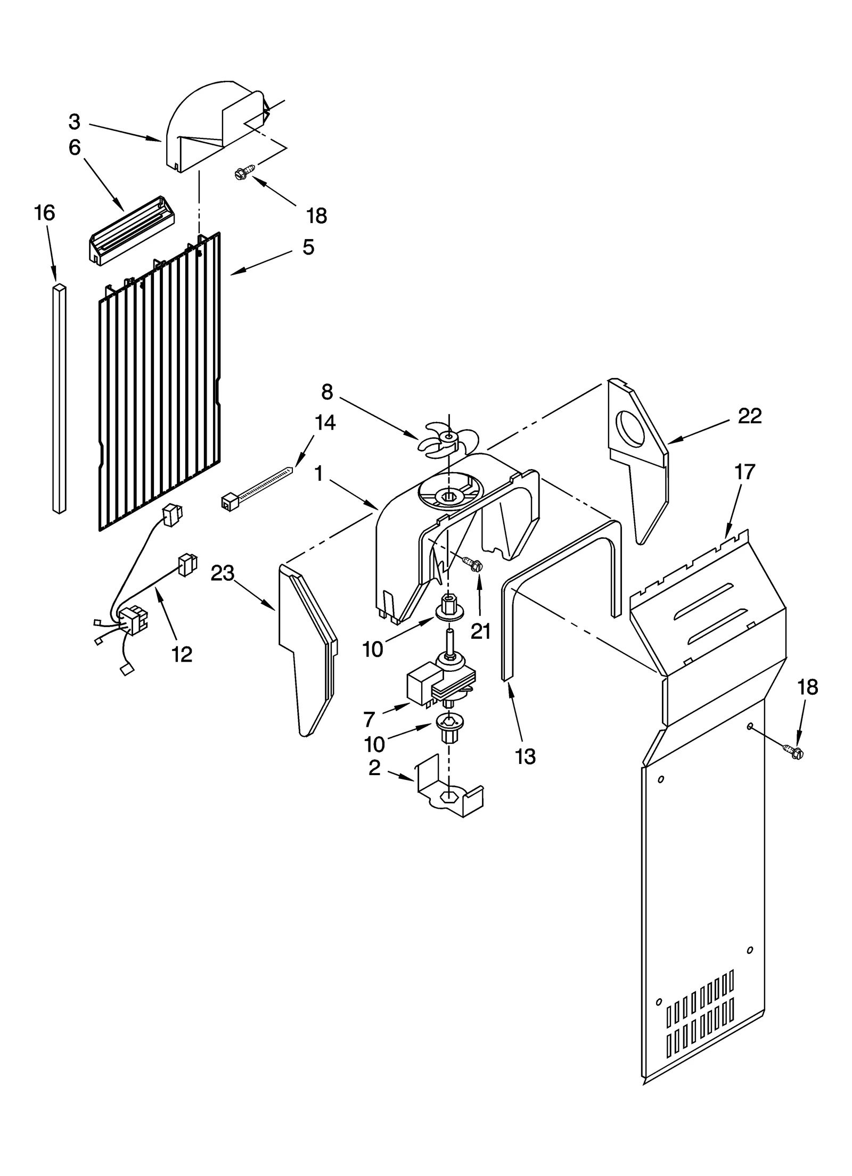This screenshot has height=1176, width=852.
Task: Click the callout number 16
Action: click(45, 213)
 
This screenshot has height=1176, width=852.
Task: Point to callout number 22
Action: click(750, 416)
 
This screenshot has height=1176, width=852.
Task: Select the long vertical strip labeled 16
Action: click(60, 399)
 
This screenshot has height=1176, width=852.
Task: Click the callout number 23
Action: click(223, 573)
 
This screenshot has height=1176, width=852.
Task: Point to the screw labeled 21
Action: click(471, 563)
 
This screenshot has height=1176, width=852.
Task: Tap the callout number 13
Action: click(526, 756)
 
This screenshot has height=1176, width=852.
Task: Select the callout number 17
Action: click(744, 471)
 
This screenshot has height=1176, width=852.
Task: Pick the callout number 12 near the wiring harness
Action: click(182, 654)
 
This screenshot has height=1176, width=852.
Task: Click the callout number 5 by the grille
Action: click(308, 247)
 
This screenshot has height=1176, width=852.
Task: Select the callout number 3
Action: click(75, 122)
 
